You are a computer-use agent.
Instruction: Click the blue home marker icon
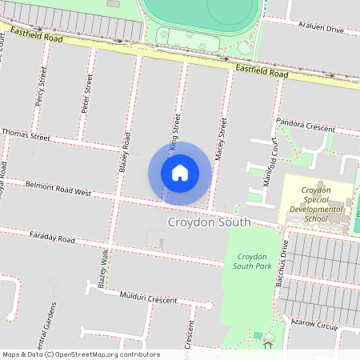[x=180, y=173]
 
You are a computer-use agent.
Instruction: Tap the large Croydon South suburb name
[x=209, y=222]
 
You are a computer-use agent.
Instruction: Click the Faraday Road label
[x=51, y=238]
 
